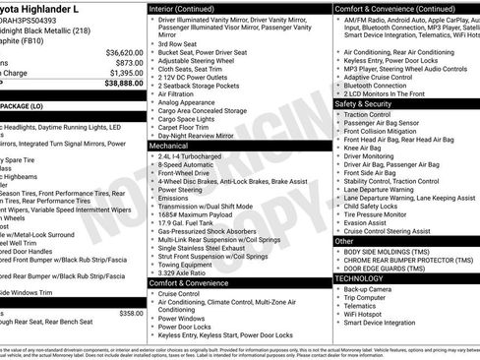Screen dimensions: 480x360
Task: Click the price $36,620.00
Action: [x=124, y=51]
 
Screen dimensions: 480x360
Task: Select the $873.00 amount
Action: [x=130, y=62]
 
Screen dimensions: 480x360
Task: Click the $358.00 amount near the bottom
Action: [x=131, y=313]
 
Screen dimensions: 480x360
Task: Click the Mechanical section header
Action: [x=173, y=145]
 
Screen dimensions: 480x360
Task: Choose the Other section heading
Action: [x=344, y=240]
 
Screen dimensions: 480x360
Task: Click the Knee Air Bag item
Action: [x=372, y=145]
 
